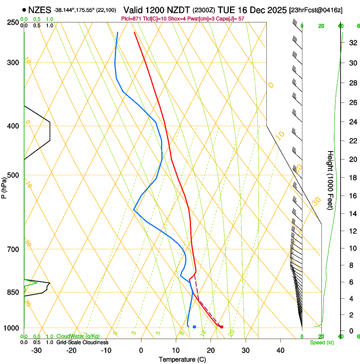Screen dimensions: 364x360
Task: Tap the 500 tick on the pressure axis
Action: [x=13, y=175]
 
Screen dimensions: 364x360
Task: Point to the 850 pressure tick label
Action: [x=13, y=292]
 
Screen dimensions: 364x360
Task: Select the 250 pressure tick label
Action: [x=13, y=22]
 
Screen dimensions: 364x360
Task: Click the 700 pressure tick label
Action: [x=13, y=249]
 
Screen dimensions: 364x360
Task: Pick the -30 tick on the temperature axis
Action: [x=36, y=350]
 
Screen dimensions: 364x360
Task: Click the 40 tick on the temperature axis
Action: [x=280, y=350]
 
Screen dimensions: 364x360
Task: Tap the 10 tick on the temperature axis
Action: [x=176, y=350]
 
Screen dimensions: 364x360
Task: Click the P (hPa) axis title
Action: [x=4, y=186]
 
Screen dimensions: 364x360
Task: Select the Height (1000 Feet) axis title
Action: [x=330, y=180]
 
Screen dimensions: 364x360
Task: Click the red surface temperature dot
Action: [x=222, y=327]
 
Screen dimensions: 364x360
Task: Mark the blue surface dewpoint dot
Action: [x=194, y=327]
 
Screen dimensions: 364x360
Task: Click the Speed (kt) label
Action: [x=321, y=342]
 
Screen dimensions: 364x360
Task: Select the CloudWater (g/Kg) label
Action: [x=72, y=336]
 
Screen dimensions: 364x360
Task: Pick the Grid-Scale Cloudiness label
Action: [x=83, y=342]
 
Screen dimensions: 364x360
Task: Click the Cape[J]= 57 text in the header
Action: [x=233, y=19]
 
